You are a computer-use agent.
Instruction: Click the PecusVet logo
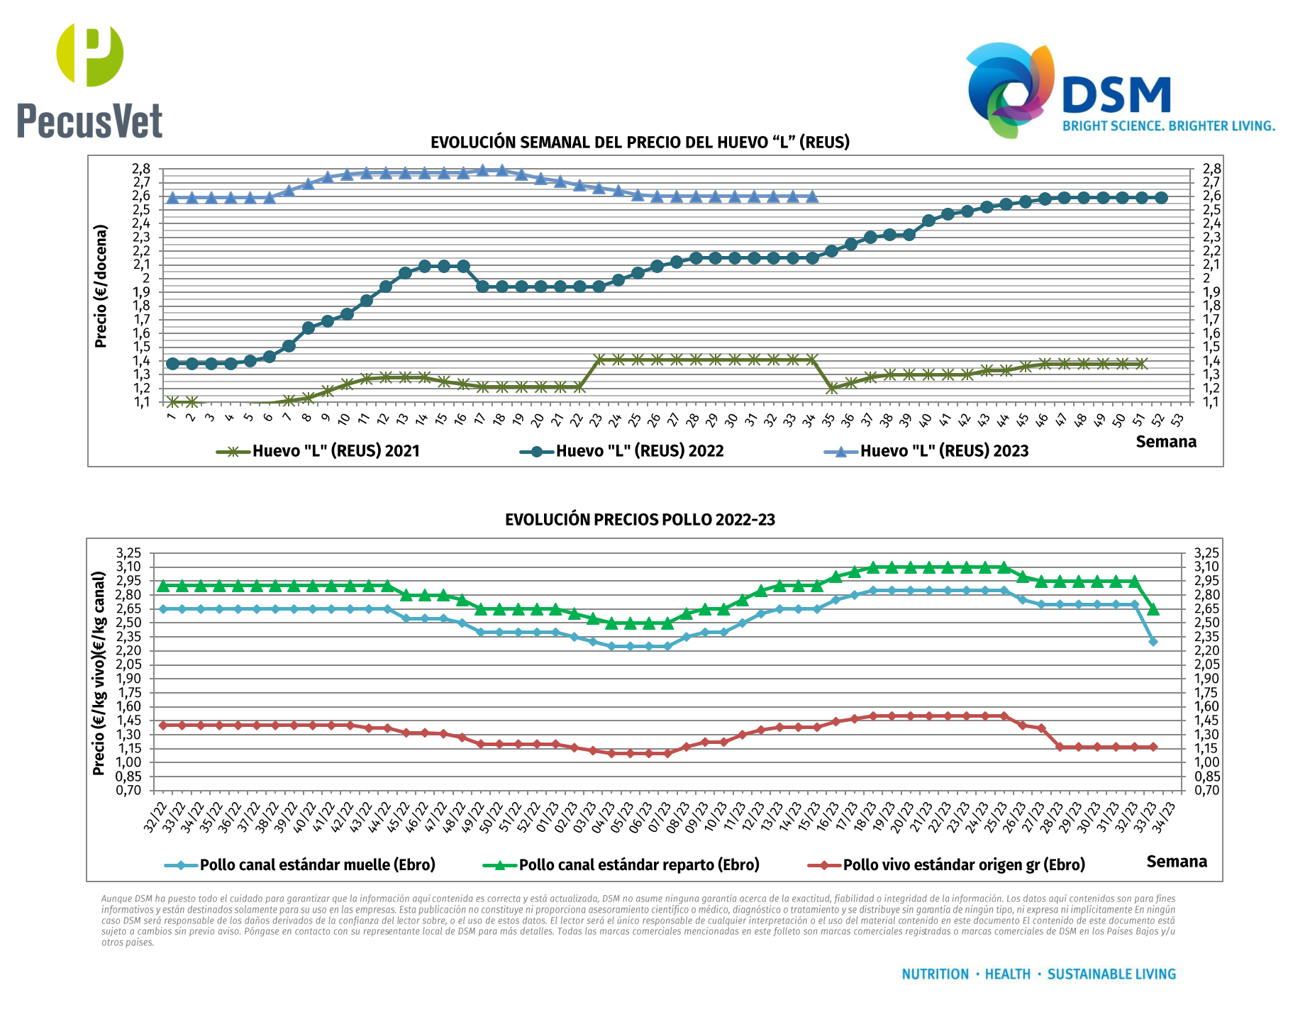[90, 80]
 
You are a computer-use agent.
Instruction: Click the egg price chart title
[640, 143]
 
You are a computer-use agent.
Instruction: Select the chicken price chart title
[640, 520]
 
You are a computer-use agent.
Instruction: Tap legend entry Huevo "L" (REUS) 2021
[318, 451]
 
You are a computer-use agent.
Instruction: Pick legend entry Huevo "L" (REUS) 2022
[622, 451]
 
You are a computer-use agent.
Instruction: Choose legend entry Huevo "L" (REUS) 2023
[926, 451]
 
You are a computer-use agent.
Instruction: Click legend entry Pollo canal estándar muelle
[300, 865]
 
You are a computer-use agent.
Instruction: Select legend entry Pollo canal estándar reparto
[621, 865]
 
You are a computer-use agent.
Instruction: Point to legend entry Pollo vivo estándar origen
[947, 865]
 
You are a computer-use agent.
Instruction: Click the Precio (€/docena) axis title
[101, 287]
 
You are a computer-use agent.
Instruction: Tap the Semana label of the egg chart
[1166, 442]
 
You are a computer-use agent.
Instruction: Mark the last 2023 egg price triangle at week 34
[812, 196]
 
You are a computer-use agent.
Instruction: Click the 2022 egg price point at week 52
[1161, 198]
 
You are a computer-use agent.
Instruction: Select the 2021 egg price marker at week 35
[832, 389]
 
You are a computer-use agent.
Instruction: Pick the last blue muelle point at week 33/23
[1153, 642]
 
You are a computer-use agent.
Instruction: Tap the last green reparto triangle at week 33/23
[1153, 609]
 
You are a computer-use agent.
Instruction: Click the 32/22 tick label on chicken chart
[155, 817]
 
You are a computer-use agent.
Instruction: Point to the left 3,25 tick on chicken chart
[129, 553]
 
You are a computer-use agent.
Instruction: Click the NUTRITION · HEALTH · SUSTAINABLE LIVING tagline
[1038, 974]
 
